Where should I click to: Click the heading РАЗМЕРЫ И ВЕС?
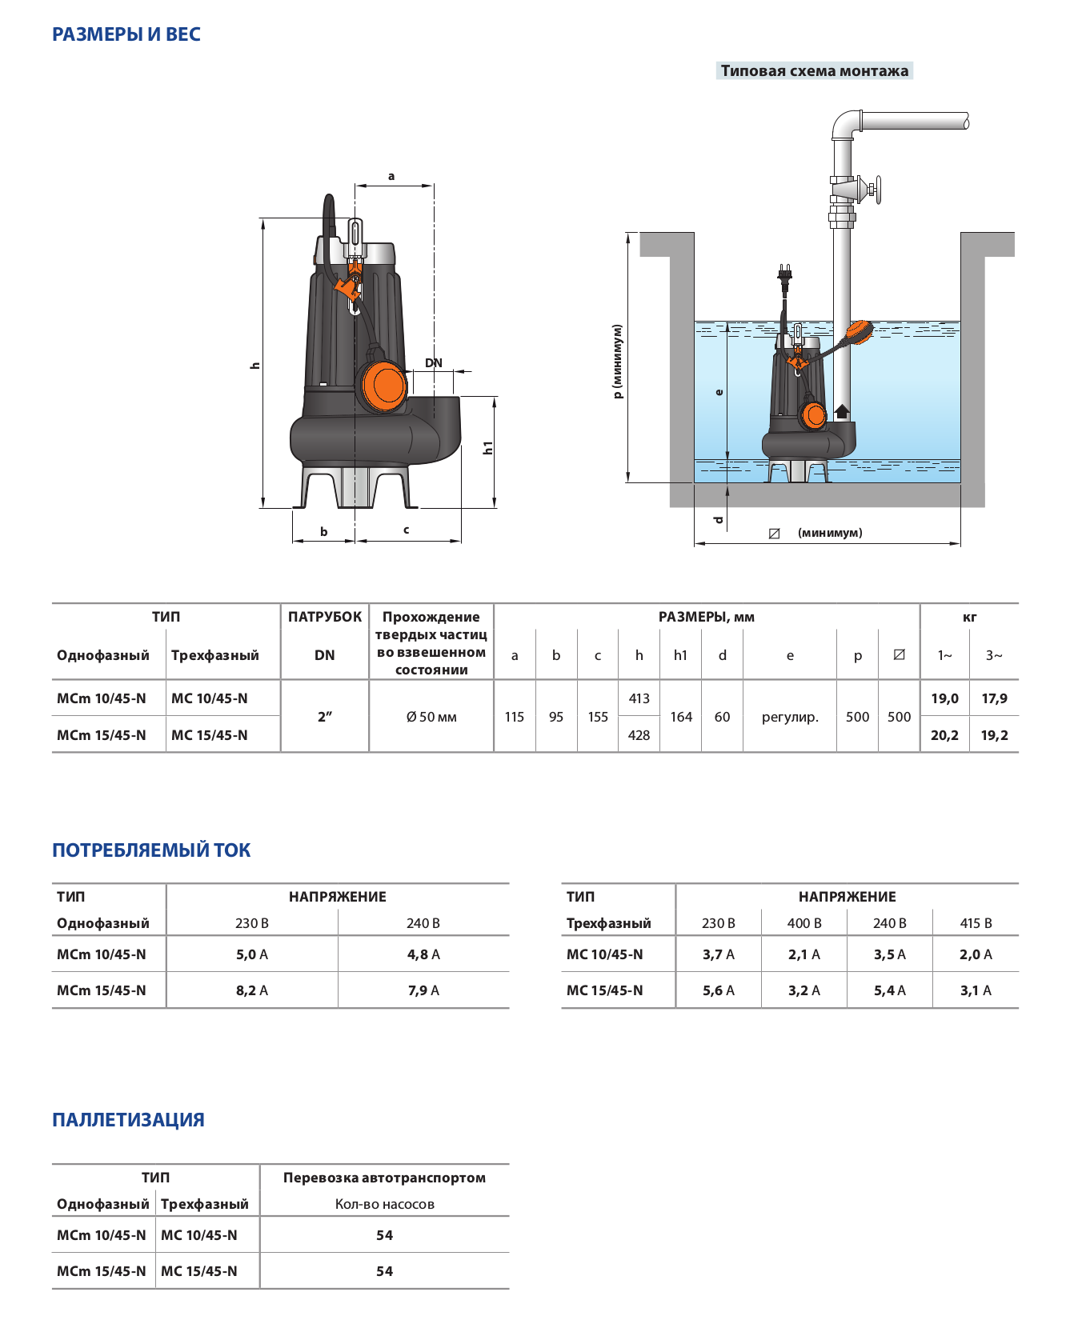[x=126, y=34]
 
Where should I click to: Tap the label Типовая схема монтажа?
[x=814, y=71]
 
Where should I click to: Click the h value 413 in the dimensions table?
[x=639, y=698]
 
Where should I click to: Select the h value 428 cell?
[x=639, y=735]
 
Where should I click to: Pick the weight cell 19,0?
[x=944, y=698]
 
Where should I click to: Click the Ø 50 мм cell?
[x=431, y=717]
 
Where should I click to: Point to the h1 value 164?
[x=681, y=717]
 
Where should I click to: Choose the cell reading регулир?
[x=790, y=717]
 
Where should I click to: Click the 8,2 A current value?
[x=252, y=990]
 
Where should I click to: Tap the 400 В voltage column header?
[x=804, y=923]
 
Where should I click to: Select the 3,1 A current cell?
[x=976, y=990]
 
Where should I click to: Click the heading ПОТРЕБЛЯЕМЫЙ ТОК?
[x=151, y=850]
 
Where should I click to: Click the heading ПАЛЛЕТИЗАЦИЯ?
[x=128, y=1120]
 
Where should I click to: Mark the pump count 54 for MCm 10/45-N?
[x=385, y=1235]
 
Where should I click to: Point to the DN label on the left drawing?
[x=434, y=363]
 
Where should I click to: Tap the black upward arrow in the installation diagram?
[x=842, y=412]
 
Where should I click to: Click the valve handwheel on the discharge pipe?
[x=877, y=190]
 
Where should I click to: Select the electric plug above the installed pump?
[x=785, y=274]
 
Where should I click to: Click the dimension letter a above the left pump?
[x=391, y=176]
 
